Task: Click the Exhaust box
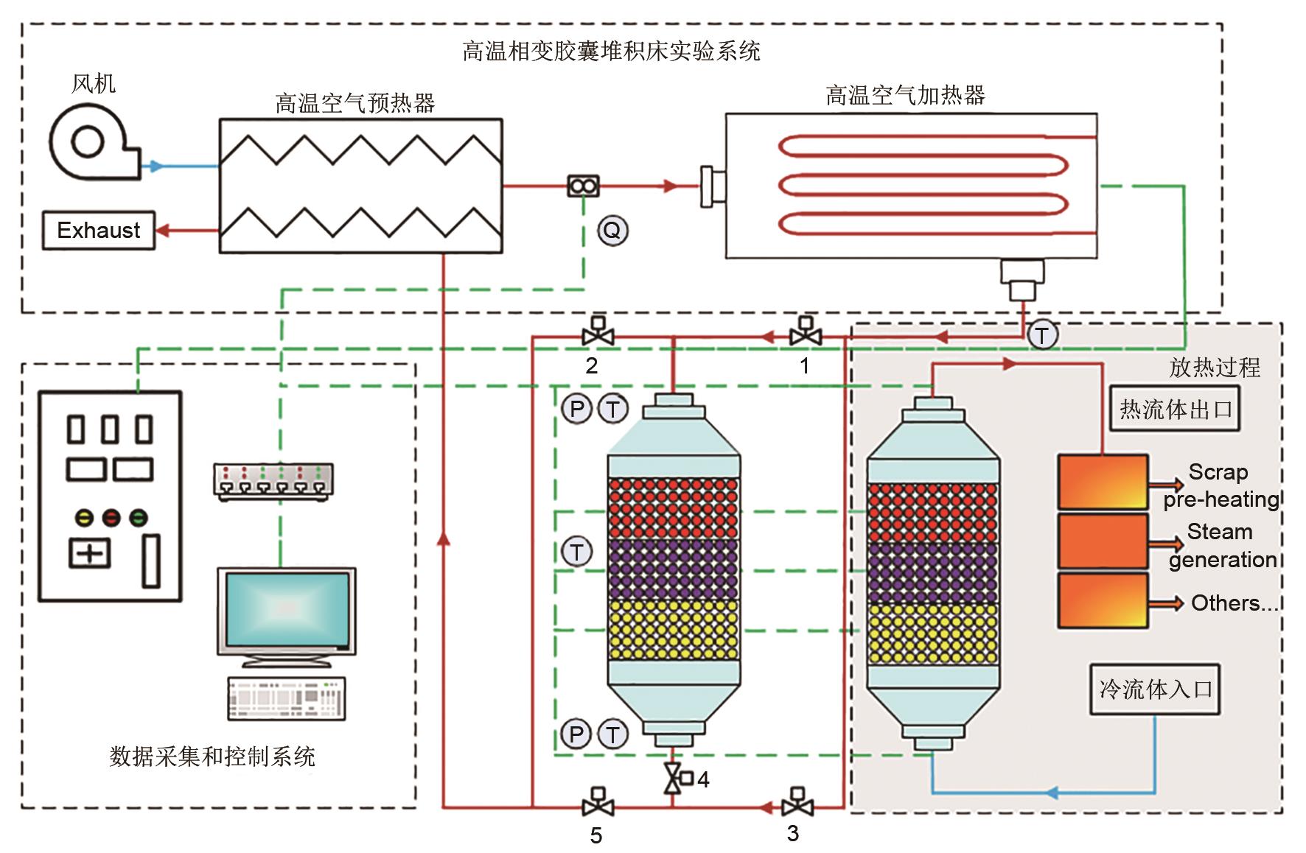point(98,231)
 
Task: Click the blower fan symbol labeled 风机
point(91,142)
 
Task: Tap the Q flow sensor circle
point(612,231)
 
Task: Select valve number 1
point(806,333)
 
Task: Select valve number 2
point(598,333)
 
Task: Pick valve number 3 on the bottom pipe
point(797,803)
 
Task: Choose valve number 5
point(598,803)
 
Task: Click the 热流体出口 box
point(1175,409)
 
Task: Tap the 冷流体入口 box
point(1154,689)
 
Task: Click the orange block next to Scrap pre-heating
point(1103,482)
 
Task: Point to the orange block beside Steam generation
point(1103,542)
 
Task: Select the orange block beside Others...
point(1103,601)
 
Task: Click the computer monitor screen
point(287,608)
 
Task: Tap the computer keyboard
point(286,698)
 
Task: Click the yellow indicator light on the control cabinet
point(85,518)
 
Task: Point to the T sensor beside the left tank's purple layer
point(577,552)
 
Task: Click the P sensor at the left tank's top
point(577,409)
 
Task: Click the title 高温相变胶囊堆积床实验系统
point(611,51)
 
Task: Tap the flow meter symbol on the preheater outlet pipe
point(583,186)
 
